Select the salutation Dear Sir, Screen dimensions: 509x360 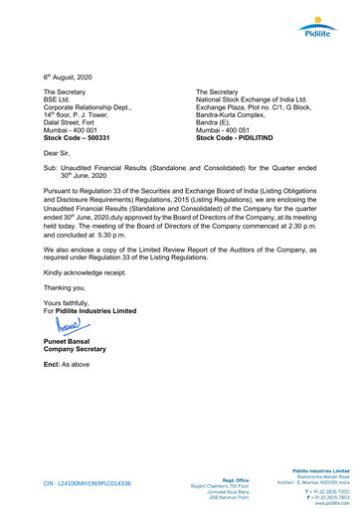(x=58, y=155)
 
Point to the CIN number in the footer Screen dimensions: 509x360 (x=87, y=483)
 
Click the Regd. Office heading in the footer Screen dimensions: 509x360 (x=230, y=477)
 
